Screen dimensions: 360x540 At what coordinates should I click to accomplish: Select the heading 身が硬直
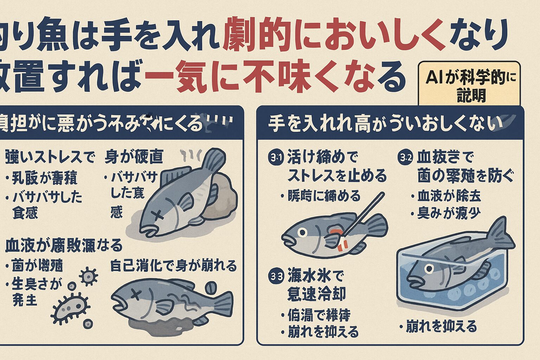(x=134, y=157)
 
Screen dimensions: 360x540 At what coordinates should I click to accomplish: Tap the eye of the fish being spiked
(x=302, y=232)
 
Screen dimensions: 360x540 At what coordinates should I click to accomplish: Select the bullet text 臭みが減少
(x=448, y=213)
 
